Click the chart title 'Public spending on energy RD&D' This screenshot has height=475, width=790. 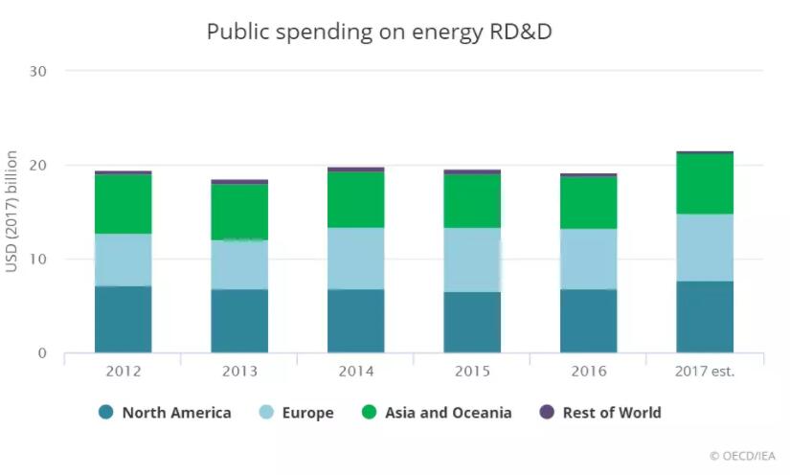(380, 32)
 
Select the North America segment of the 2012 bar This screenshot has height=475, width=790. (123, 319)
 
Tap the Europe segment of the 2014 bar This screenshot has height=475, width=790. (355, 259)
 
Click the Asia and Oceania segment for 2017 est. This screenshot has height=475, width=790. (705, 184)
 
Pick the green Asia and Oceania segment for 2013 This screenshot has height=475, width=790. (239, 211)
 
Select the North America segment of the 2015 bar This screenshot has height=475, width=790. (472, 322)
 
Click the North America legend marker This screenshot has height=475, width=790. (106, 413)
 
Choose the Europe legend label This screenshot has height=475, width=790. (308, 413)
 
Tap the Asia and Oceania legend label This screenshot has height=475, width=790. (448, 413)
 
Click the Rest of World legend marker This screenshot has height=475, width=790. (547, 413)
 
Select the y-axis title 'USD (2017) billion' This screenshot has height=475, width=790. (12, 211)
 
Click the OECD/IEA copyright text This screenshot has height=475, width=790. (742, 457)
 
